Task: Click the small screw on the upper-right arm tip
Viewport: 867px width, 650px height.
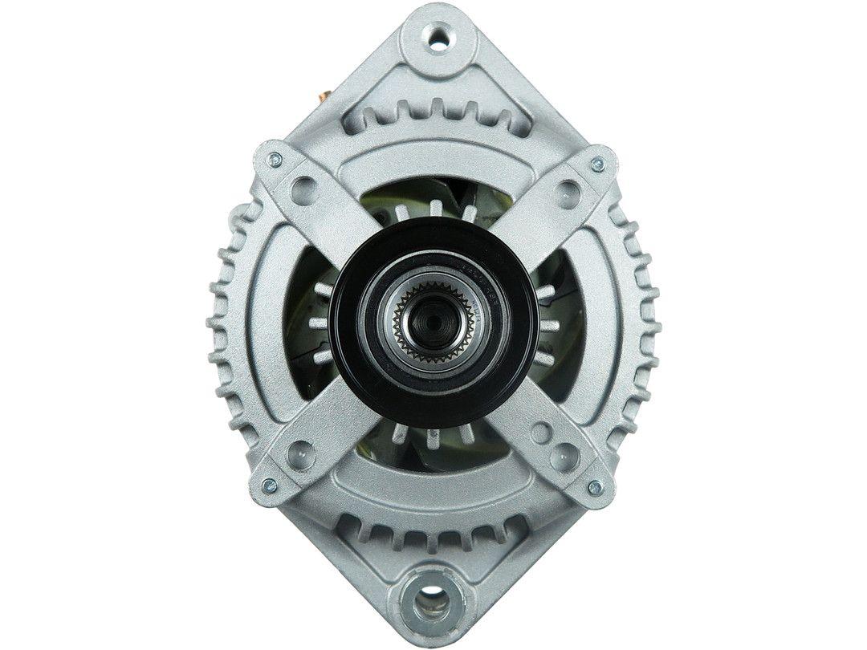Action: click(596, 165)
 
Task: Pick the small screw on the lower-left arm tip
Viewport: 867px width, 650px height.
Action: click(270, 485)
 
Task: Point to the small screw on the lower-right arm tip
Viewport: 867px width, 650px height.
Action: click(595, 487)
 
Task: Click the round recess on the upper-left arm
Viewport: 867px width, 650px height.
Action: click(303, 189)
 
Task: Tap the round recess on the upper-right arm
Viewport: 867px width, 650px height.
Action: click(568, 190)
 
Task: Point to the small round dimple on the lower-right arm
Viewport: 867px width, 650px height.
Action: click(539, 434)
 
